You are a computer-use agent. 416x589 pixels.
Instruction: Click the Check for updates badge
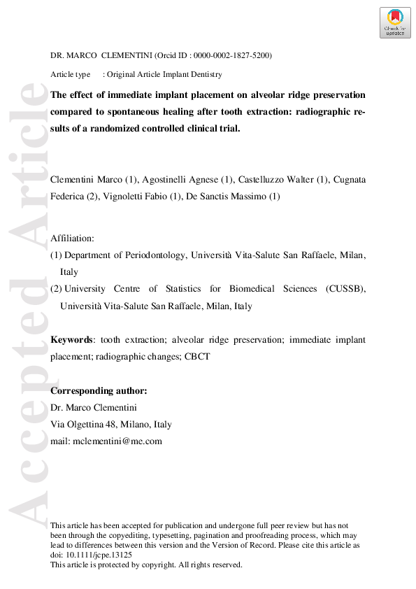[x=394, y=22]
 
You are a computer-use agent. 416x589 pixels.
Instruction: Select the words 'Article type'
[x=71, y=74]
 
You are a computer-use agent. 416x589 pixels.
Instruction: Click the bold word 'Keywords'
[x=72, y=339]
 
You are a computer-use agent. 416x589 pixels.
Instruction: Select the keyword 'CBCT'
[x=196, y=356]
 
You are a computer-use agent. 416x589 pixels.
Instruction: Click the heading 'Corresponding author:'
[x=99, y=390]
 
